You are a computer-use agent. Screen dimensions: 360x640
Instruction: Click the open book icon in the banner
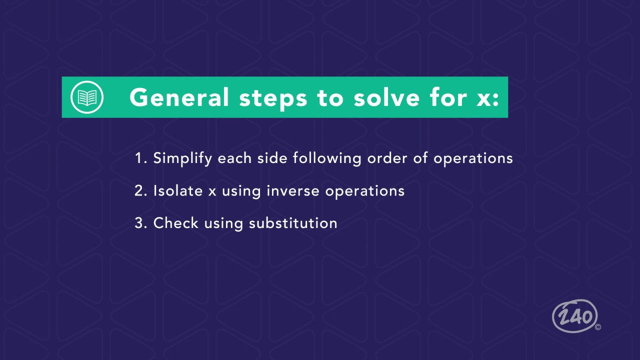[87, 97]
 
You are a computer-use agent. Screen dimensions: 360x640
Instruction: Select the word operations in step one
[473, 159]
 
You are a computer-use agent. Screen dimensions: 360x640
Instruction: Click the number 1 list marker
[140, 158]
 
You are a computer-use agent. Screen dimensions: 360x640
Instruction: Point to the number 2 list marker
[140, 191]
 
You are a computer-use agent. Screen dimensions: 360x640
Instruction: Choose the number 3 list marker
[140, 223]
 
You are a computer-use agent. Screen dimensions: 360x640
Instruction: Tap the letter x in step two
[212, 191]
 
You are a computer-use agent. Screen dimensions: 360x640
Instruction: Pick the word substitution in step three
[293, 223]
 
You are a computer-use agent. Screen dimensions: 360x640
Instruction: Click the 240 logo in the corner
[575, 316]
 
